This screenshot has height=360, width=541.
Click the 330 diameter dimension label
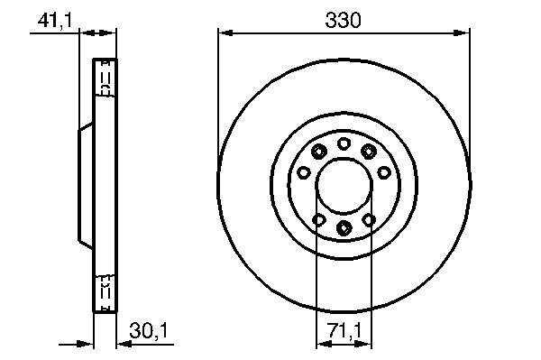[343, 20]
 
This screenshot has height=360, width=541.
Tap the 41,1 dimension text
[55, 21]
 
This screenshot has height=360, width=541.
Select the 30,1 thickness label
[149, 330]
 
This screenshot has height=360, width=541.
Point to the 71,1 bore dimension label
[344, 331]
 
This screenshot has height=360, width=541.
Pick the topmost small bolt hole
[344, 143]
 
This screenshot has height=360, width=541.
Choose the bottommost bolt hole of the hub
[344, 227]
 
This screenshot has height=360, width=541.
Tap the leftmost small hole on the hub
[304, 172]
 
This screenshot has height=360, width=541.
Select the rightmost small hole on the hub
[384, 172]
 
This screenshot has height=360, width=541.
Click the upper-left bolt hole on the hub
[318, 152]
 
